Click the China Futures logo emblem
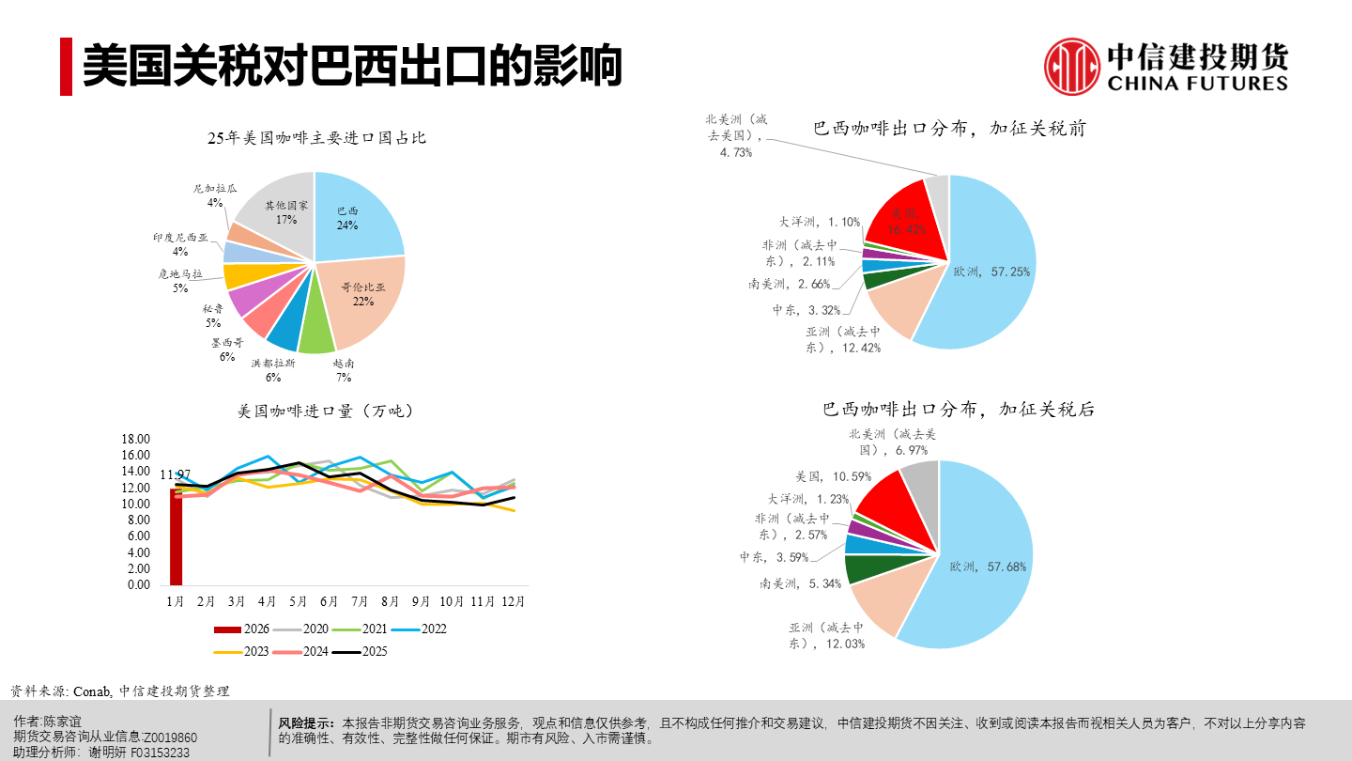tap(1072, 66)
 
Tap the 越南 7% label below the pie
tap(344, 370)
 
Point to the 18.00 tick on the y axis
tap(137, 439)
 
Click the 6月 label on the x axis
tap(329, 600)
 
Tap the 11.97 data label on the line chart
tap(176, 474)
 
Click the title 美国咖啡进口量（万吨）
tap(325, 411)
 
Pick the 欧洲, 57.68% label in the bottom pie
tap(988, 567)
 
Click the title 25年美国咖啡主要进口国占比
tap(316, 138)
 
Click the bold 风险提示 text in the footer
tap(306, 723)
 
